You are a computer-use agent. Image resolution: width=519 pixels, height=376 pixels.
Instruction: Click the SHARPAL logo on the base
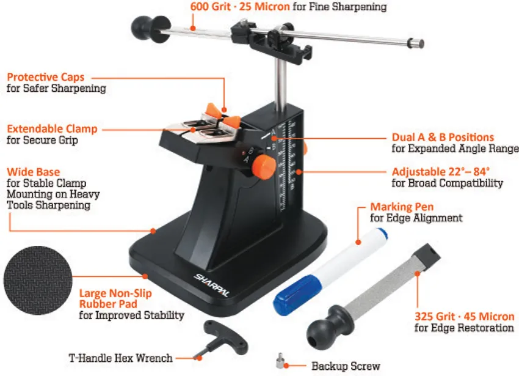tap(211, 285)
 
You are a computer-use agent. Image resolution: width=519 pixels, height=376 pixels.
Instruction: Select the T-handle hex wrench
tap(222, 339)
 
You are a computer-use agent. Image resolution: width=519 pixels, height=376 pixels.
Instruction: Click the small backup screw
tap(280, 361)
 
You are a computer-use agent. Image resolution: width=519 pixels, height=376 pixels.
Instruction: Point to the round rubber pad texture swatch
tap(38, 280)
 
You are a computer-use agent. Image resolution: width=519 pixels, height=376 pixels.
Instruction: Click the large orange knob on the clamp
tap(264, 166)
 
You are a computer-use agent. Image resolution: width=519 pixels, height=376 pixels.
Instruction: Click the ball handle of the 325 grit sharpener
tap(327, 328)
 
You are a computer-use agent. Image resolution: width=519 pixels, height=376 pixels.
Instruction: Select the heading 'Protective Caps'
tap(46, 77)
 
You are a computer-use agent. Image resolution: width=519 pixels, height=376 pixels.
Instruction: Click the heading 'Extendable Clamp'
tap(52, 128)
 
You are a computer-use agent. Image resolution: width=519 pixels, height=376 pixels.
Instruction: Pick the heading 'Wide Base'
tap(34, 172)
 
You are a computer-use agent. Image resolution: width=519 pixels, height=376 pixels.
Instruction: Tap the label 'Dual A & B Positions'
tap(443, 138)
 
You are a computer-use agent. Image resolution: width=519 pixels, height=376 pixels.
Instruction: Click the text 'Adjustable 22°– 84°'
tap(441, 172)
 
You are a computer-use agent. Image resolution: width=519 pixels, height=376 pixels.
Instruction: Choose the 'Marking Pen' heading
tap(402, 207)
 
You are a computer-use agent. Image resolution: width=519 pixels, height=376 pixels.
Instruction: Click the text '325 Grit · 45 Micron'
tap(465, 316)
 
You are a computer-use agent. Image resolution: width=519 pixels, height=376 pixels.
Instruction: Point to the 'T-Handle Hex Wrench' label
tap(120, 358)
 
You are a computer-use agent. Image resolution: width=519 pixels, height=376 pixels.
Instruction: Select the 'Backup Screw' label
tap(346, 366)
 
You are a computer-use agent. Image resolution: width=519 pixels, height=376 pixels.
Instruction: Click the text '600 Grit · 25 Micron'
tap(240, 6)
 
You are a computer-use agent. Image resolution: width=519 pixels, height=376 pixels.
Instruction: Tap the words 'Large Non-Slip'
tap(115, 293)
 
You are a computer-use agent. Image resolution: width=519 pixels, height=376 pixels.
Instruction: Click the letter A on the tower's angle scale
tap(274, 132)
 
